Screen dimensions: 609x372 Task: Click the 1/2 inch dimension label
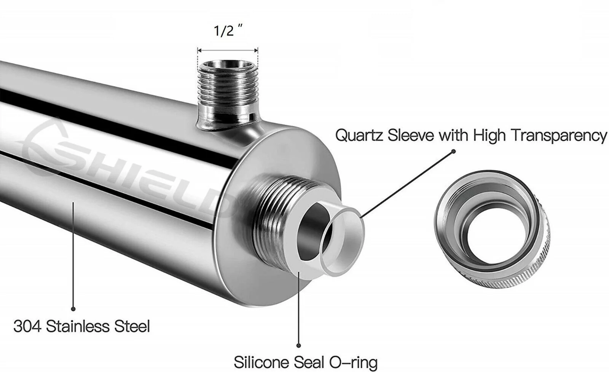(x=228, y=30)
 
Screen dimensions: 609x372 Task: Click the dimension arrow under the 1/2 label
(x=228, y=50)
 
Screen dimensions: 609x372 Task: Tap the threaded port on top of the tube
(x=228, y=95)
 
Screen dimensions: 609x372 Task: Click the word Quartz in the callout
(x=359, y=136)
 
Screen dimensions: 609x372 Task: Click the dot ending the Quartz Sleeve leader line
(x=453, y=152)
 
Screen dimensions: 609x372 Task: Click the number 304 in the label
(x=27, y=326)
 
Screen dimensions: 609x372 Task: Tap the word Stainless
(x=78, y=326)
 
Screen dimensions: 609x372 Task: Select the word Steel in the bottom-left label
(x=132, y=326)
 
